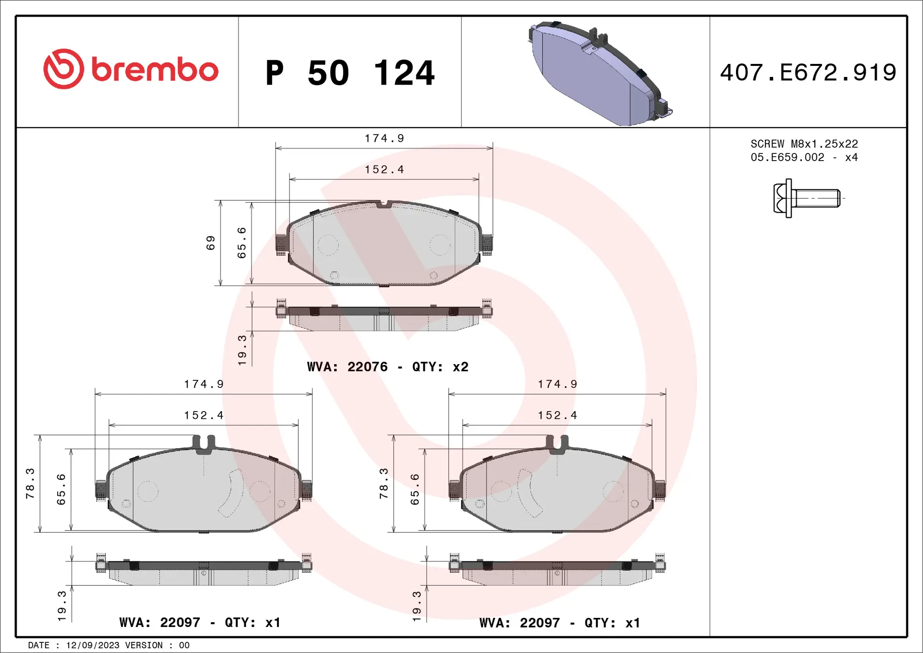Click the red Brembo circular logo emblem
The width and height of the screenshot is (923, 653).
pos(63,69)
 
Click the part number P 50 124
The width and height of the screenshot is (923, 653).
pos(349,73)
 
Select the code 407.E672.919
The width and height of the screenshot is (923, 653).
pos(808,73)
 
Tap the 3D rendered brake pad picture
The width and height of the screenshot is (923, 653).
pos(599,73)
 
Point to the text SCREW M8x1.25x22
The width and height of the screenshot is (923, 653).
pos(804,144)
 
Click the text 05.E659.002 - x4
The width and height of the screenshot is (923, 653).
pos(804,157)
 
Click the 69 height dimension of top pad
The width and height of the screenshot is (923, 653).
pos(211,243)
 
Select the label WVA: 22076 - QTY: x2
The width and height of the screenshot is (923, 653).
pos(387,367)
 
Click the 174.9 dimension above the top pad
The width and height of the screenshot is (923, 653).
pos(384,138)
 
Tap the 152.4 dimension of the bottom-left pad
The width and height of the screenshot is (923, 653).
pos(203,415)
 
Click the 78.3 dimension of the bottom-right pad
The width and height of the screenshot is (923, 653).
pos(383,483)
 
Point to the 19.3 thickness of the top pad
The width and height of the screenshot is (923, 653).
pos(242,350)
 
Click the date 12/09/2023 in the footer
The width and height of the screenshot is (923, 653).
pos(92,645)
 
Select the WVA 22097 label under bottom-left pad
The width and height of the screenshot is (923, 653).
pos(200,622)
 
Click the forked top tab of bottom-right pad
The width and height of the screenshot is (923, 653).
pos(557,443)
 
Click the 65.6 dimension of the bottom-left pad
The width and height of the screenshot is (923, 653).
pos(61,489)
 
